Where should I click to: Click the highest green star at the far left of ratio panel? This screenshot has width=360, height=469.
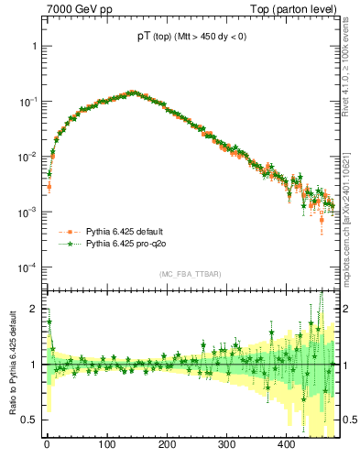(49, 322)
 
